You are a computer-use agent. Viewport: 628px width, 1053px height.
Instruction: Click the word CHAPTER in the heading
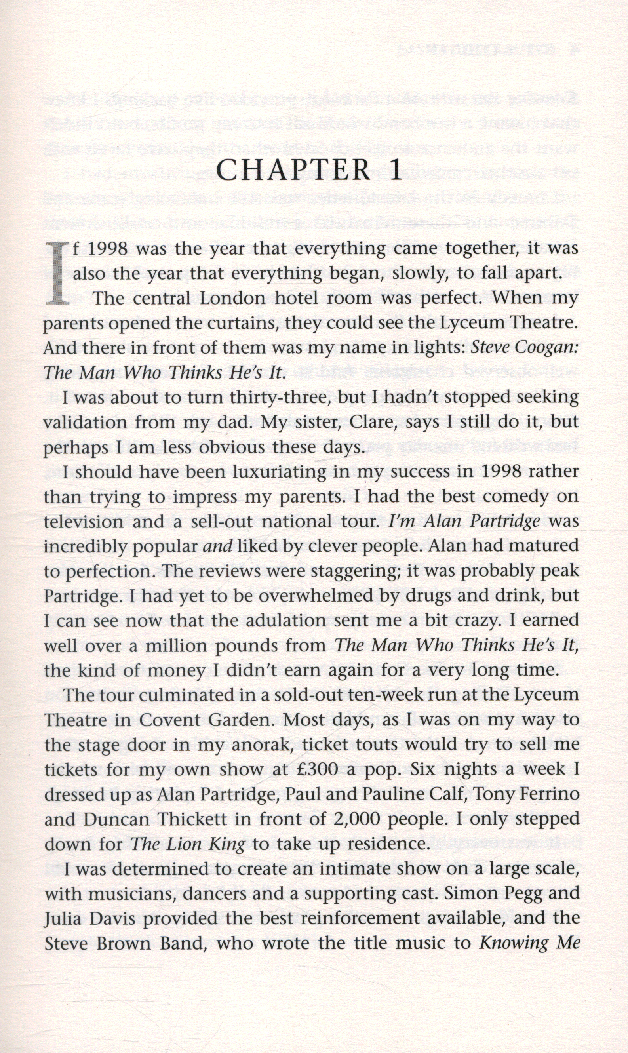coord(293,170)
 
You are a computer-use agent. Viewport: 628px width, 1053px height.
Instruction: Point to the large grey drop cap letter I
coord(57,273)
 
